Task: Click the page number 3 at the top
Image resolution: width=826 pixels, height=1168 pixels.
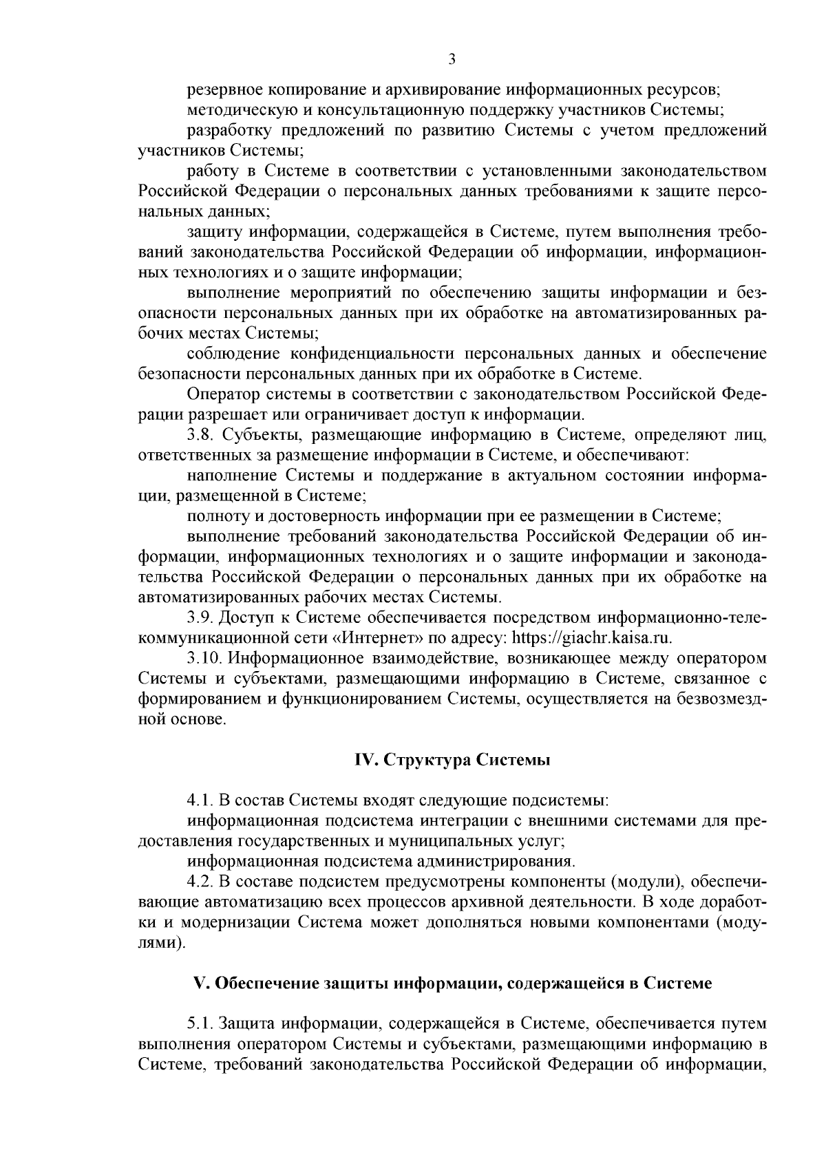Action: pyautogui.click(x=452, y=60)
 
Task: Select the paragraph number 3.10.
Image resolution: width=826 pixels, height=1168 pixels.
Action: pyautogui.click(x=204, y=658)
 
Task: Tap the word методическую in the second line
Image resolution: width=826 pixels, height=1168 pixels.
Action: pyautogui.click(x=233, y=110)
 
